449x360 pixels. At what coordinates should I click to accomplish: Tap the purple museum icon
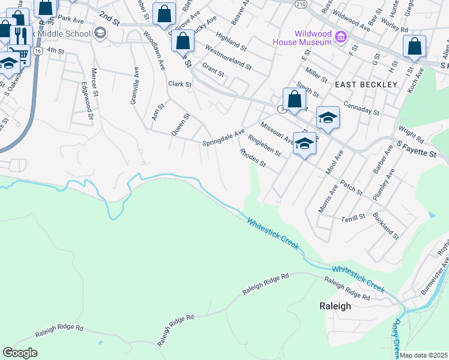[x=341, y=38]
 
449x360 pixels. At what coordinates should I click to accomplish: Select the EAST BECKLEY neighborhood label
[x=366, y=85]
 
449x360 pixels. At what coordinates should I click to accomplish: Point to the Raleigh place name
[x=334, y=305]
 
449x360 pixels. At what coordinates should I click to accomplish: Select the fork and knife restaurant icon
[x=21, y=35]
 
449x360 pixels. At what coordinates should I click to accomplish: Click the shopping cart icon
[x=20, y=55]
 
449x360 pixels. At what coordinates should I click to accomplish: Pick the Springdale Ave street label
[x=224, y=138]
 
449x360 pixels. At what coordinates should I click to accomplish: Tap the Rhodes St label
[x=252, y=158]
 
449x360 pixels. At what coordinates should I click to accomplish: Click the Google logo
[x=20, y=353]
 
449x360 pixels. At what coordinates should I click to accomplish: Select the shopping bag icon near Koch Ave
[x=414, y=47]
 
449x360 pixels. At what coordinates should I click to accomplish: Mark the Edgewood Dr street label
[x=82, y=97]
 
